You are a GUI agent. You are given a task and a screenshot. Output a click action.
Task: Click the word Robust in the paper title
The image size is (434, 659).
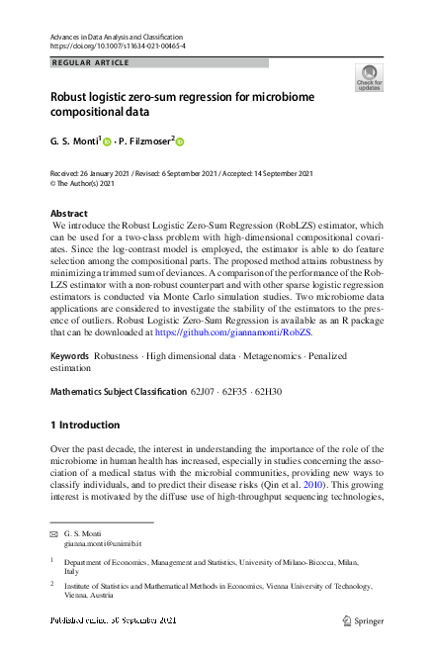(x=73, y=99)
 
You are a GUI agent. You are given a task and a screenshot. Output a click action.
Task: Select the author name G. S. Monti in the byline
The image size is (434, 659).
(x=72, y=141)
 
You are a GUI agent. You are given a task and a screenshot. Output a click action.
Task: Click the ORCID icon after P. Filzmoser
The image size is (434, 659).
(x=180, y=141)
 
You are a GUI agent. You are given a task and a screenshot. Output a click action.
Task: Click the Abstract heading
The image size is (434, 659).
(x=68, y=214)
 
